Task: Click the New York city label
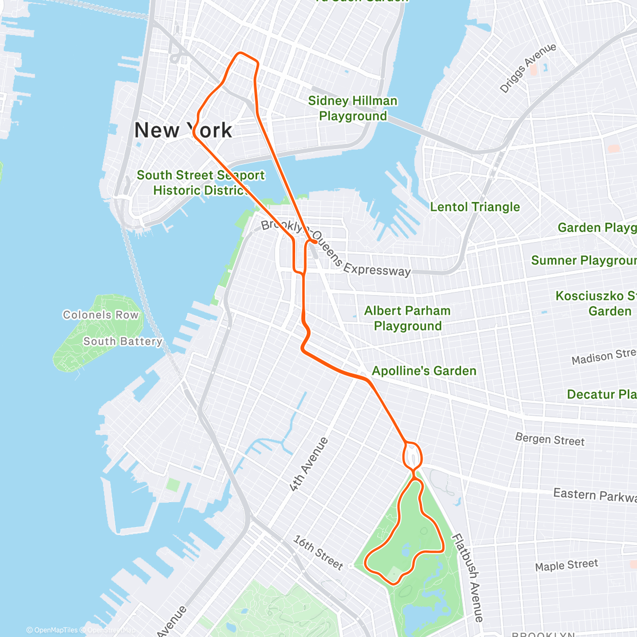(183, 130)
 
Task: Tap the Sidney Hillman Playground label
(352, 108)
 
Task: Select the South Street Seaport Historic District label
(200, 183)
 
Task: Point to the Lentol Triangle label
(475, 207)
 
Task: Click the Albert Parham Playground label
(407, 318)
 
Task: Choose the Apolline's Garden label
(424, 371)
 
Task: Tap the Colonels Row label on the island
(100, 315)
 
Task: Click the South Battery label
(122, 341)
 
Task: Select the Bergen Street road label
(549, 440)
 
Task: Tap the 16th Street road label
(318, 553)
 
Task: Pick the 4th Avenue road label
(309, 464)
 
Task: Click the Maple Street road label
(566, 565)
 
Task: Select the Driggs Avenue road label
(528, 67)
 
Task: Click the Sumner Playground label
(583, 260)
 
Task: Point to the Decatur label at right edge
(601, 394)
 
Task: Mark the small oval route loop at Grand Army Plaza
(413, 455)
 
